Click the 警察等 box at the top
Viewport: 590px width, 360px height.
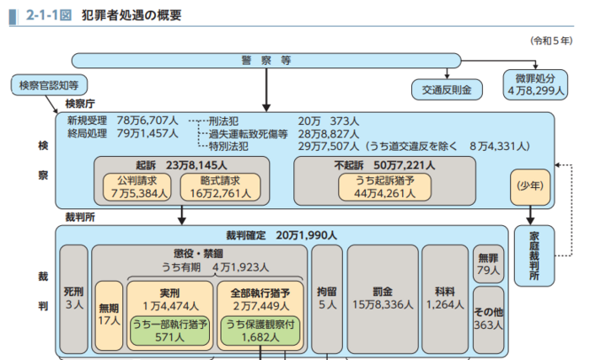[x=265, y=60]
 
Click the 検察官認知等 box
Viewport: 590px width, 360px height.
[x=49, y=85]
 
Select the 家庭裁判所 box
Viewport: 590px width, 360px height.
[x=534, y=256]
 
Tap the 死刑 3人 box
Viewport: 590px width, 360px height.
[x=73, y=299]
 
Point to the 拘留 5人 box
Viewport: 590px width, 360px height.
[x=326, y=299]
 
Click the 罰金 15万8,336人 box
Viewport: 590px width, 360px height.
[x=382, y=299]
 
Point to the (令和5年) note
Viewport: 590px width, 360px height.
[x=551, y=40]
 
